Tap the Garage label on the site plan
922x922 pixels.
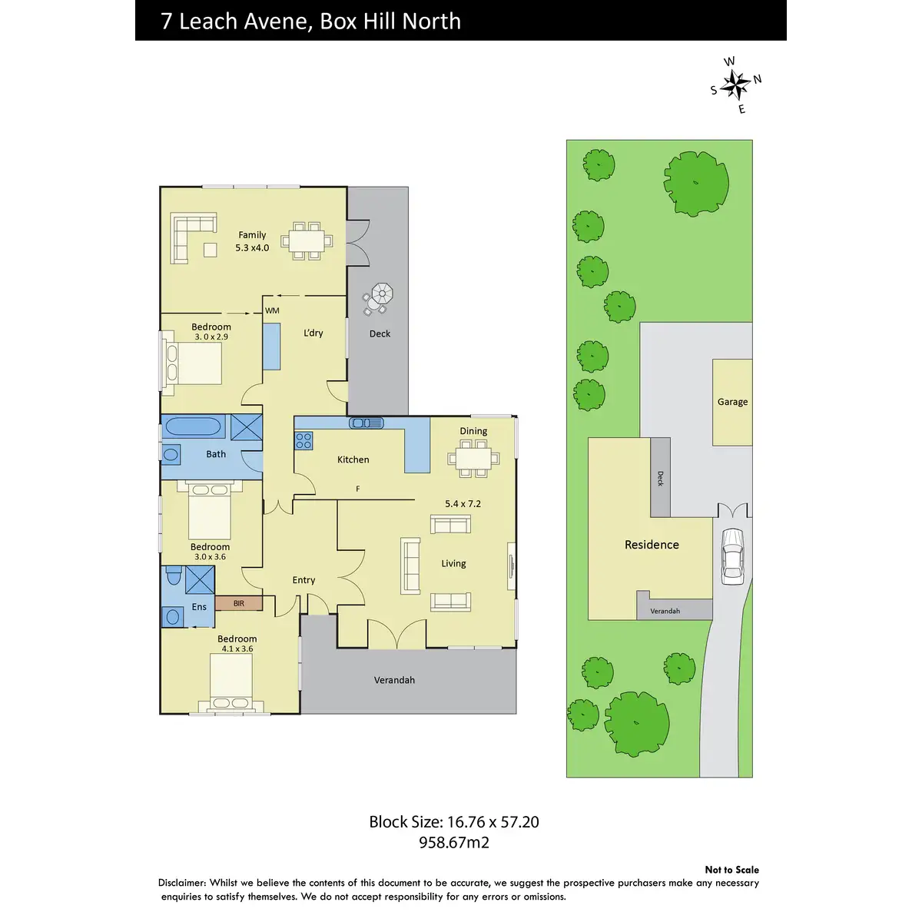pos(732,402)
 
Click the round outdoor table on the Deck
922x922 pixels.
pos(381,294)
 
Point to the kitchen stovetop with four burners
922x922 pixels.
pos(304,440)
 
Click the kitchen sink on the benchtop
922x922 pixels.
pos(366,423)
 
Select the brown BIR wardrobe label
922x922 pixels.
pos(239,604)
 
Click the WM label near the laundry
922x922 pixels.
pos(272,310)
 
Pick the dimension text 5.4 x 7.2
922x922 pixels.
pos(463,504)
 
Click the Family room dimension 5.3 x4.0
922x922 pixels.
pos(252,248)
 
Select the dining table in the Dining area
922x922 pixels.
pos(473,459)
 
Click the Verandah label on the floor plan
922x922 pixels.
pos(394,680)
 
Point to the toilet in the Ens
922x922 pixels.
pos(173,575)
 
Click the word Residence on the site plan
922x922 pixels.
pos(652,545)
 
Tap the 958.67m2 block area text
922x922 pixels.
pos(453,843)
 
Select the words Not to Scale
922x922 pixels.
pos(731,870)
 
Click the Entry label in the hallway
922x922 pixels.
pos(303,580)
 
